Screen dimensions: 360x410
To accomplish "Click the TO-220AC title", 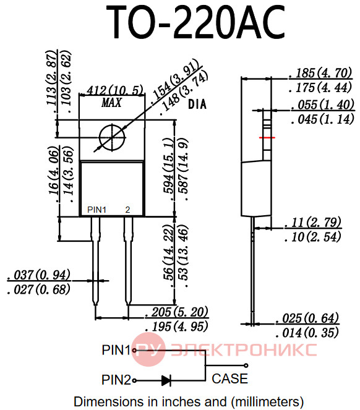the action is pyautogui.click(x=195, y=22).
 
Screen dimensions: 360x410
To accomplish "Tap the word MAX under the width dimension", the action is pyautogui.click(x=112, y=103).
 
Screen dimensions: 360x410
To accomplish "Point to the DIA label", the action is pyautogui.click(x=197, y=105).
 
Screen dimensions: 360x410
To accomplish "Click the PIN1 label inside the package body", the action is pyautogui.click(x=96, y=210).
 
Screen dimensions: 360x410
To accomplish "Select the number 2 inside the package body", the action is pyautogui.click(x=127, y=210).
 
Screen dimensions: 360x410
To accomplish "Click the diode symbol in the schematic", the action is pyautogui.click(x=166, y=380).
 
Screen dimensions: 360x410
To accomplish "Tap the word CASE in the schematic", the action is pyautogui.click(x=229, y=378).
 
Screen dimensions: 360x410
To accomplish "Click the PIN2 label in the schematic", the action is pyautogui.click(x=116, y=380).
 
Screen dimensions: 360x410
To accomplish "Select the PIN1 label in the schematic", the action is pyautogui.click(x=116, y=350).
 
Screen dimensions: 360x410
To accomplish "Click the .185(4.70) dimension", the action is pyautogui.click(x=320, y=73).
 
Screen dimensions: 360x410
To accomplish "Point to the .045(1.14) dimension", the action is pyautogui.click(x=323, y=119).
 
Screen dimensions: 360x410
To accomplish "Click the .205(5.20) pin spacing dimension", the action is pyautogui.click(x=177, y=312).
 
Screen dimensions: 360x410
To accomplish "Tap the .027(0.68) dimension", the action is pyautogui.click(x=39, y=289).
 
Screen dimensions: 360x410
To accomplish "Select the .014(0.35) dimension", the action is pyautogui.click(x=307, y=333).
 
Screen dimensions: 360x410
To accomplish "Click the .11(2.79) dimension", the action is pyautogui.click(x=313, y=222).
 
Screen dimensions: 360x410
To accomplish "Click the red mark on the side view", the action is pyautogui.click(x=267, y=137).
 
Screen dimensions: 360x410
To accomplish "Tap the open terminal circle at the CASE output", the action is pyautogui.click(x=246, y=365).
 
